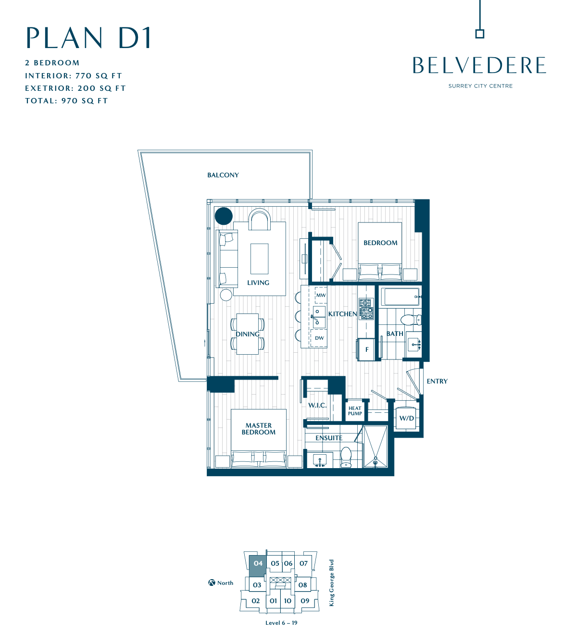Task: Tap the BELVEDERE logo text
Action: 479,65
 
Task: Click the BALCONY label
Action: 223,175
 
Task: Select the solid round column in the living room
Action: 224,216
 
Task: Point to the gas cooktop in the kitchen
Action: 366,309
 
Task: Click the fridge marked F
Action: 366,350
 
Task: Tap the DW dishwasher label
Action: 319,338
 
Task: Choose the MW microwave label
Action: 321,295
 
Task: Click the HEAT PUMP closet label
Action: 355,411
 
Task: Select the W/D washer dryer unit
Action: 406,418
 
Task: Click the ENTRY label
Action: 437,382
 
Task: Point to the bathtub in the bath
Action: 400,297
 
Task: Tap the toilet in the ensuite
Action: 346,457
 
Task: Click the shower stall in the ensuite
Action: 376,447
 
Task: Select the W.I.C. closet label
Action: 317,405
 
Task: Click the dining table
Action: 248,334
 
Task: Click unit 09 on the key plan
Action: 305,601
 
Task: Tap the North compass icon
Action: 212,582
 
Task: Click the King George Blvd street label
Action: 331,582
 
